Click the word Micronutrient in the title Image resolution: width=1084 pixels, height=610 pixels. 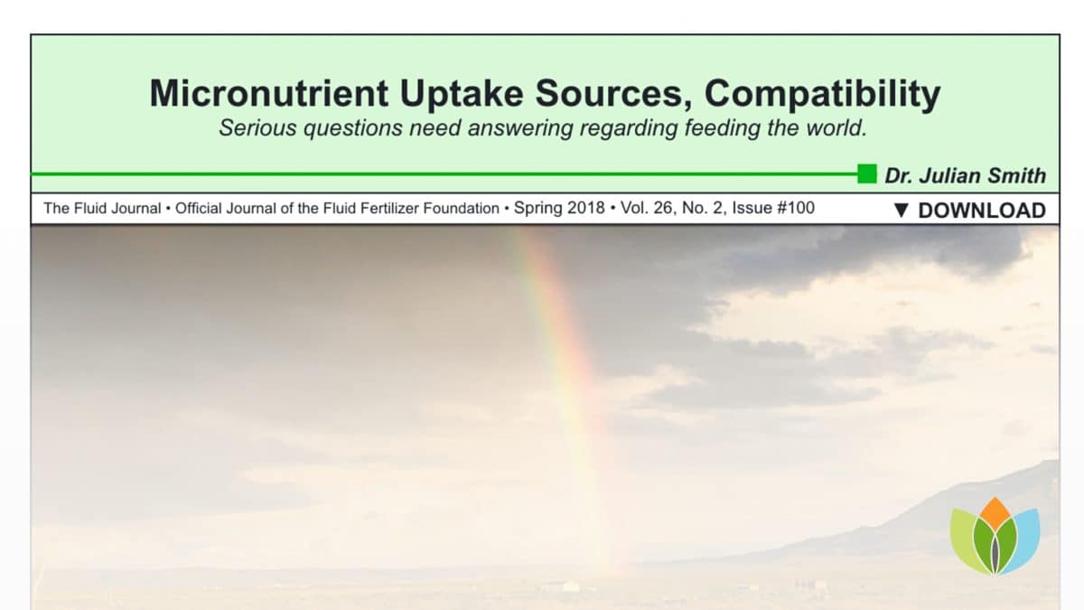[268, 93]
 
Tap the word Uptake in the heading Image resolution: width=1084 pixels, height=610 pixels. [462, 94]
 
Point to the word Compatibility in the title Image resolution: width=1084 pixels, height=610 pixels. [822, 94]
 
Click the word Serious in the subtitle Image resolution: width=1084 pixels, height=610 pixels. [257, 127]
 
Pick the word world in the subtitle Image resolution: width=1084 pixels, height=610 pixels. [836, 127]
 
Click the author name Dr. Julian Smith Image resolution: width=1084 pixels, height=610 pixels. [965, 175]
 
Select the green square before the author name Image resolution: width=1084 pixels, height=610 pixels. [866, 174]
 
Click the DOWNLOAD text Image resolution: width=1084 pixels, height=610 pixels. [982, 211]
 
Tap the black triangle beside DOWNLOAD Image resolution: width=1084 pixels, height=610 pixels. [902, 211]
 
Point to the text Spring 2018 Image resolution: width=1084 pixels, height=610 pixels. [559, 208]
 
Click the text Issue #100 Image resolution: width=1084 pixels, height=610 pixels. [773, 208]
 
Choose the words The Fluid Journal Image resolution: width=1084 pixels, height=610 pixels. [102, 208]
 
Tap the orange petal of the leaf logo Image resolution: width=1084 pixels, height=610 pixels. [995, 513]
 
